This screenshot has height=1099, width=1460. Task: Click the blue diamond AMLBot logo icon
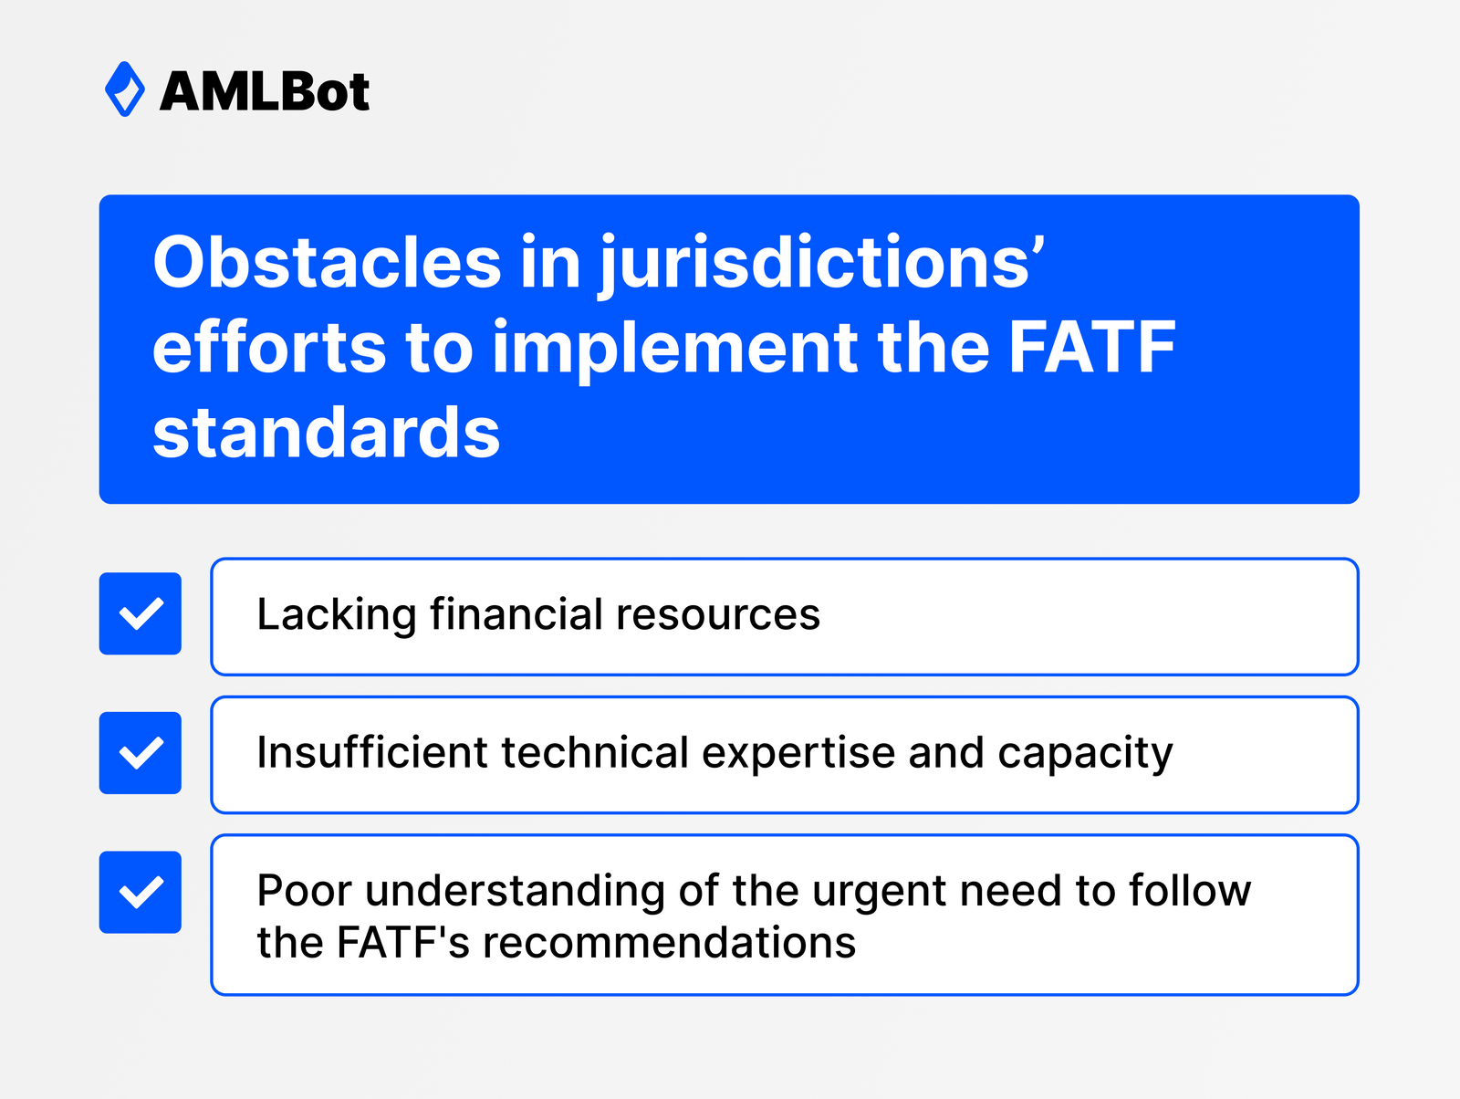[x=125, y=89]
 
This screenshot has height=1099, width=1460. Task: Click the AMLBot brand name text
[x=265, y=92]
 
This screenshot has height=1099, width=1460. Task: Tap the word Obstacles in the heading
[x=327, y=263]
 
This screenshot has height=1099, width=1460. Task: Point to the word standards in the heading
[x=326, y=433]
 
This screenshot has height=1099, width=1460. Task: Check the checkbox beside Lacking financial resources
[x=141, y=613]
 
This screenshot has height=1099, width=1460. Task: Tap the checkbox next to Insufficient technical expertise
[x=141, y=753]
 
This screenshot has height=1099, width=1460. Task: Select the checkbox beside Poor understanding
[x=141, y=892]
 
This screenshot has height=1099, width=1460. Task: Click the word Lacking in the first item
[x=336, y=614]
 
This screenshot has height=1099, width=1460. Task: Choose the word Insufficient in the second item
[x=372, y=753]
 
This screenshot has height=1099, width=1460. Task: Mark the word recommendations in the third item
[x=669, y=943]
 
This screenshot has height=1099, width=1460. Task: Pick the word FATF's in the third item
[x=402, y=943]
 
